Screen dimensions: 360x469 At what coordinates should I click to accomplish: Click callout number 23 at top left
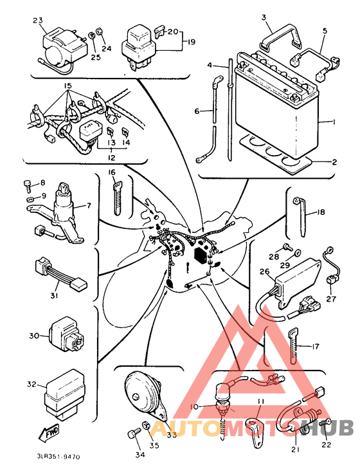click(38, 21)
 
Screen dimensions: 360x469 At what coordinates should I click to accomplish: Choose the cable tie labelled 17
click(293, 345)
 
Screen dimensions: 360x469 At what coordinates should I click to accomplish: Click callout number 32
click(32, 384)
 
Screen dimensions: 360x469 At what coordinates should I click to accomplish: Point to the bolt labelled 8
click(27, 185)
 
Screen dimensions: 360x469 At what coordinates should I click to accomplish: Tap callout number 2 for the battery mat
click(334, 162)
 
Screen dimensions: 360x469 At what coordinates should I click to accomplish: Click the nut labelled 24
click(98, 31)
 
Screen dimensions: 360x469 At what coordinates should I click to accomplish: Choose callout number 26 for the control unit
click(265, 272)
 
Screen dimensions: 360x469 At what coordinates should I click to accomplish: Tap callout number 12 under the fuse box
click(111, 158)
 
